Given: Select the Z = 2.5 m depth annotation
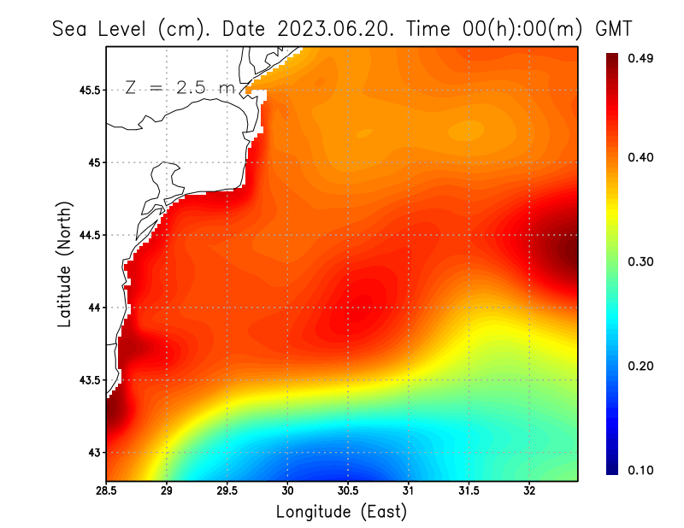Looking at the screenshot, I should [x=177, y=87].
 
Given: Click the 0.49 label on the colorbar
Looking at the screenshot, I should [x=642, y=58].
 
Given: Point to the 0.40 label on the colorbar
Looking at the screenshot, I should [x=642, y=157].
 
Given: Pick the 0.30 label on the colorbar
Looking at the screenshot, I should [x=642, y=261].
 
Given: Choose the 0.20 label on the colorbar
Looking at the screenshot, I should [x=642, y=366].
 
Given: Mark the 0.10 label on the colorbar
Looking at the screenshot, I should [x=642, y=470].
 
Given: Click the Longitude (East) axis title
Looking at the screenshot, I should [x=341, y=512].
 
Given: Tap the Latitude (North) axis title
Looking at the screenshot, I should [x=64, y=264].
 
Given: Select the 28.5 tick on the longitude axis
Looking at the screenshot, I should [x=106, y=490].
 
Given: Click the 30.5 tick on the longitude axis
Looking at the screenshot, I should [x=348, y=490].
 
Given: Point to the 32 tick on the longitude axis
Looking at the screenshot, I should [x=529, y=490].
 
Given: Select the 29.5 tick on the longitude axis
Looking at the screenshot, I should [x=227, y=490].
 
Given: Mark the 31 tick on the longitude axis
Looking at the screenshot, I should [x=409, y=490].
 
